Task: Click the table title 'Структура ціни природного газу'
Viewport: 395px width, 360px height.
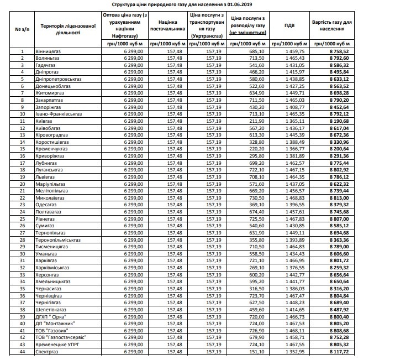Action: point(197,4)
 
